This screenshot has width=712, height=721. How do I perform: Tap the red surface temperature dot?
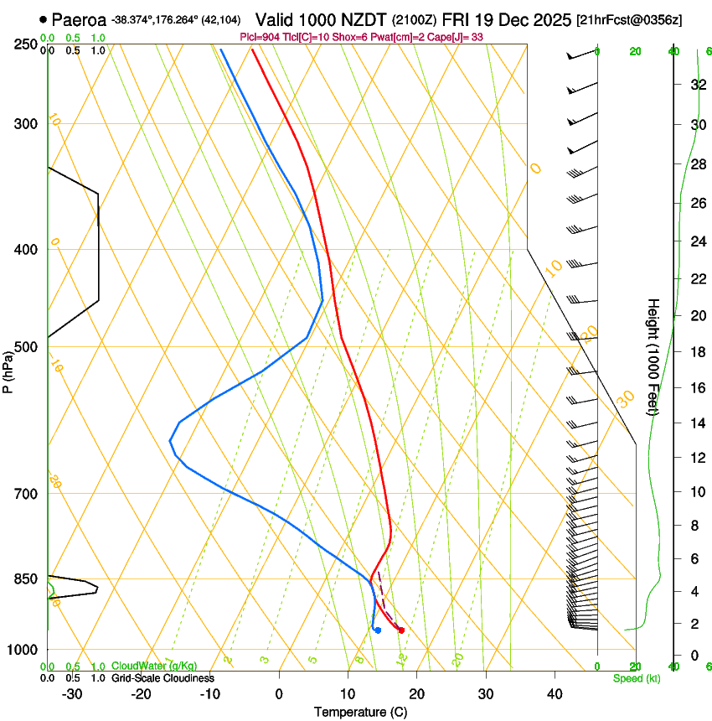pos(401,630)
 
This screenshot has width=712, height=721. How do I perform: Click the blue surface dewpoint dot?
pos(379,630)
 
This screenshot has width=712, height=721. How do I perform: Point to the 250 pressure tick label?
pos(25,44)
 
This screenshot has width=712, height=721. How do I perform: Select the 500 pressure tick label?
pos(25,347)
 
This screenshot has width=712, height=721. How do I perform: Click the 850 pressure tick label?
pos(25,578)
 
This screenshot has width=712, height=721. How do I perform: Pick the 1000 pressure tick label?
pos(22,650)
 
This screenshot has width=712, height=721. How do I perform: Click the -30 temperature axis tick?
pos(72,693)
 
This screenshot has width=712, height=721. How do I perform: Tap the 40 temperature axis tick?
pos(555,693)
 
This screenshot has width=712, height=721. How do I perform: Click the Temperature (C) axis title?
pos(360,712)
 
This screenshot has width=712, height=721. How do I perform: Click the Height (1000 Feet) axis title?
pos(654,356)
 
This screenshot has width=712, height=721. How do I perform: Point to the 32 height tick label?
pos(694,85)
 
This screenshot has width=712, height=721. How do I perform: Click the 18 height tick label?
pos(694,351)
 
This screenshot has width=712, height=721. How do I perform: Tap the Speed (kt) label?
pos(636,678)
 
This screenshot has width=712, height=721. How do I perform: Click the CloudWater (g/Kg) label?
pos(154,667)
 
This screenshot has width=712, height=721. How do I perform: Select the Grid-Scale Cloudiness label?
pos(163,678)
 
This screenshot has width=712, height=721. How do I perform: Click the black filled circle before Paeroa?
pos(43,18)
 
